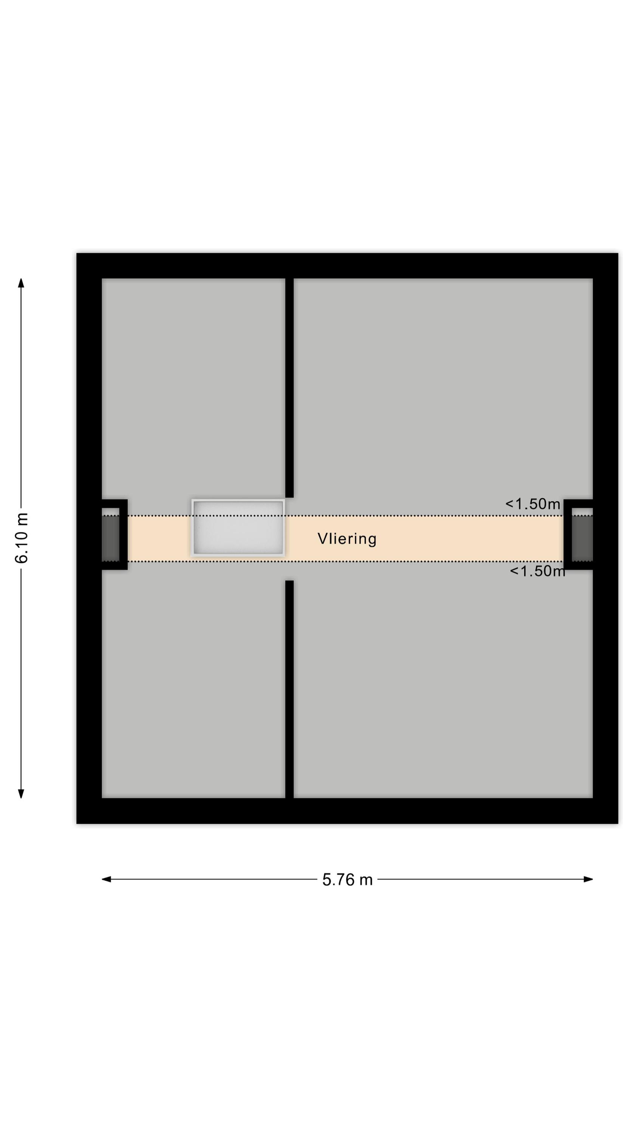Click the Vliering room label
(347, 539)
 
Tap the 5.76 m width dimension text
(347, 880)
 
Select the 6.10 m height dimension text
(21, 538)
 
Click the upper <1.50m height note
(532, 503)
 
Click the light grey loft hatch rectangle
(238, 527)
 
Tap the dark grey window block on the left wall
(110, 538)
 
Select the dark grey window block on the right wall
(582, 538)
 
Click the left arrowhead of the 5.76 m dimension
(106, 879)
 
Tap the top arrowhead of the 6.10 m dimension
(21, 283)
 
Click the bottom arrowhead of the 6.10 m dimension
(21, 793)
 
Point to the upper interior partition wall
(289, 388)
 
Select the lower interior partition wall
(289, 689)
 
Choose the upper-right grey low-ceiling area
(443, 392)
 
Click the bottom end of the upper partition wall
(289, 497)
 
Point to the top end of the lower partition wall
(289, 581)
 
